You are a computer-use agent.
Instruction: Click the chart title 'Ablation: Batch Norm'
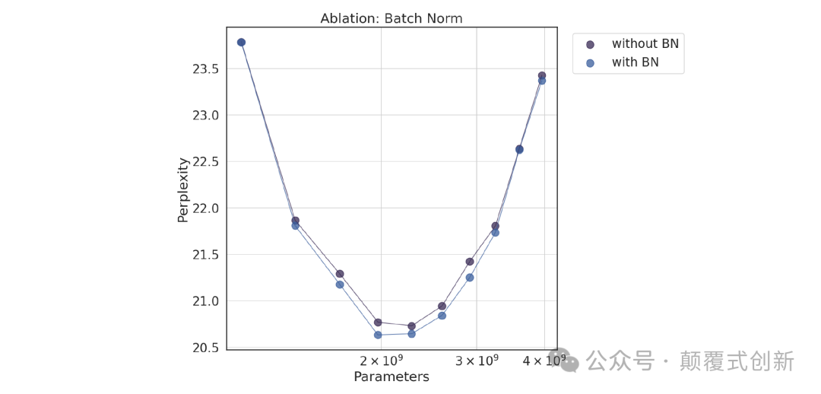pos(391,18)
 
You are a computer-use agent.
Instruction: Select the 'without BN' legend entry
pos(645,44)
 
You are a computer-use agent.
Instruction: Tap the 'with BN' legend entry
pos(635,62)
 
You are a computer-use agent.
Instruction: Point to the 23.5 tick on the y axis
pos(204,69)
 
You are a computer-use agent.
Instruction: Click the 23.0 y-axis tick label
pos(204,116)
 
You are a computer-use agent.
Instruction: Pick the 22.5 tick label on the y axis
pos(204,162)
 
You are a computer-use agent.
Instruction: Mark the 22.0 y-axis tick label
pos(204,208)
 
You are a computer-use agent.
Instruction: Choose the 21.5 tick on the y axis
pos(204,255)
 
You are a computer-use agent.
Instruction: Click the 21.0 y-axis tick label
pos(204,301)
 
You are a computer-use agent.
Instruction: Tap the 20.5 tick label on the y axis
pos(204,348)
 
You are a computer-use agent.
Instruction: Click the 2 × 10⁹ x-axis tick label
pos(381,360)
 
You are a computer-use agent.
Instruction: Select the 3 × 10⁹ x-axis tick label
pos(476,360)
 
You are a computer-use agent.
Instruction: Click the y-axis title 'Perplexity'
pos(183,189)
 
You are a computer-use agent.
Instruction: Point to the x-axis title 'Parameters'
pos(391,377)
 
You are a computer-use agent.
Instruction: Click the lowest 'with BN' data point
pos(378,335)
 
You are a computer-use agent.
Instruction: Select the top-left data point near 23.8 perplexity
pos(241,43)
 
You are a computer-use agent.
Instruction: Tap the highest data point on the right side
pos(542,76)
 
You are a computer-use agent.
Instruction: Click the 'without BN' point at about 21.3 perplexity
pos(340,274)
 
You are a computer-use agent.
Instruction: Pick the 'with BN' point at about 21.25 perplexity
pos(470,278)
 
